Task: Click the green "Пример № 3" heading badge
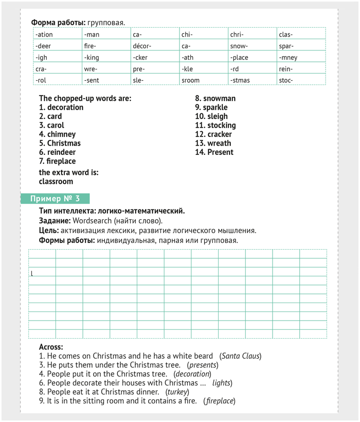pos(55,199)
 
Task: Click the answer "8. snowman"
pos(215,98)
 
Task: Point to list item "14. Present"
pos(214,152)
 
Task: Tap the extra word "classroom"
pos(56,182)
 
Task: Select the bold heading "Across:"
pos(51,347)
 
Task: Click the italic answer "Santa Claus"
pos(240,356)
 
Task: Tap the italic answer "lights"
pos(222,383)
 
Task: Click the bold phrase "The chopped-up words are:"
pos(85,98)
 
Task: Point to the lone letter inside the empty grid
pos(32,273)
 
